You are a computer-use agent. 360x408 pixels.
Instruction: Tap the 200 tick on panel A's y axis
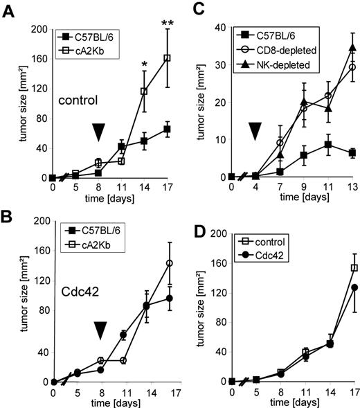click(x=39, y=30)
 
